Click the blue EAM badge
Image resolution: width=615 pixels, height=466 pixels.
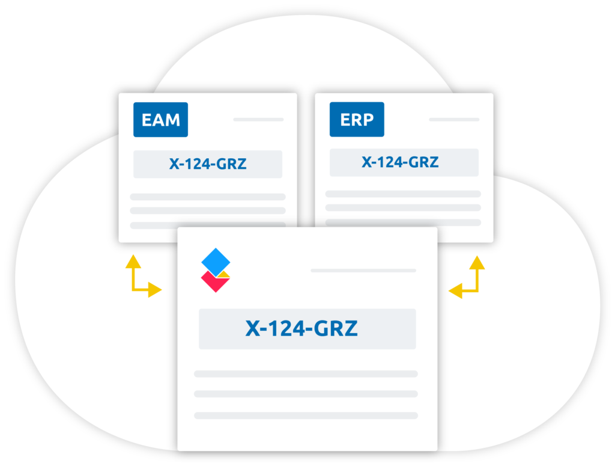[160, 120]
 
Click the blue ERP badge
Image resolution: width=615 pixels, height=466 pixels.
[357, 119]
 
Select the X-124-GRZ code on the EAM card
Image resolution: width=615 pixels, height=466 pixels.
[208, 164]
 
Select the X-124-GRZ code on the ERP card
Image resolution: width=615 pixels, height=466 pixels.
[400, 162]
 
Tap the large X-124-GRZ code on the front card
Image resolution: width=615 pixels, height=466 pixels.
[301, 328]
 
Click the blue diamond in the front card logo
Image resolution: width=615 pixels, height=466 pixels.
[216, 262]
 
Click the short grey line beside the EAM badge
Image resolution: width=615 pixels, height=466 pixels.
[258, 119]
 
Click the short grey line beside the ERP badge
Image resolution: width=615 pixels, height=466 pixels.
[454, 119]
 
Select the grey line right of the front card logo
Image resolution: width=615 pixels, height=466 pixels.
[363, 271]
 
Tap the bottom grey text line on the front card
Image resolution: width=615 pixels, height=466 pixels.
[306, 415]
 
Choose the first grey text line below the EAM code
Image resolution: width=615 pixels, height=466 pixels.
[208, 197]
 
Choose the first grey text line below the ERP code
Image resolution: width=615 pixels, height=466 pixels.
[403, 194]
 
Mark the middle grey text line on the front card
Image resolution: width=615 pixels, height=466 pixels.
[306, 394]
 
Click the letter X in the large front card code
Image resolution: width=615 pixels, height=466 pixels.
[253, 328]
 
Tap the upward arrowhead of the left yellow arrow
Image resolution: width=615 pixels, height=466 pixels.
[133, 262]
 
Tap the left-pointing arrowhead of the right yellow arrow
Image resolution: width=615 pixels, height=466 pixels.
[455, 291]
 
